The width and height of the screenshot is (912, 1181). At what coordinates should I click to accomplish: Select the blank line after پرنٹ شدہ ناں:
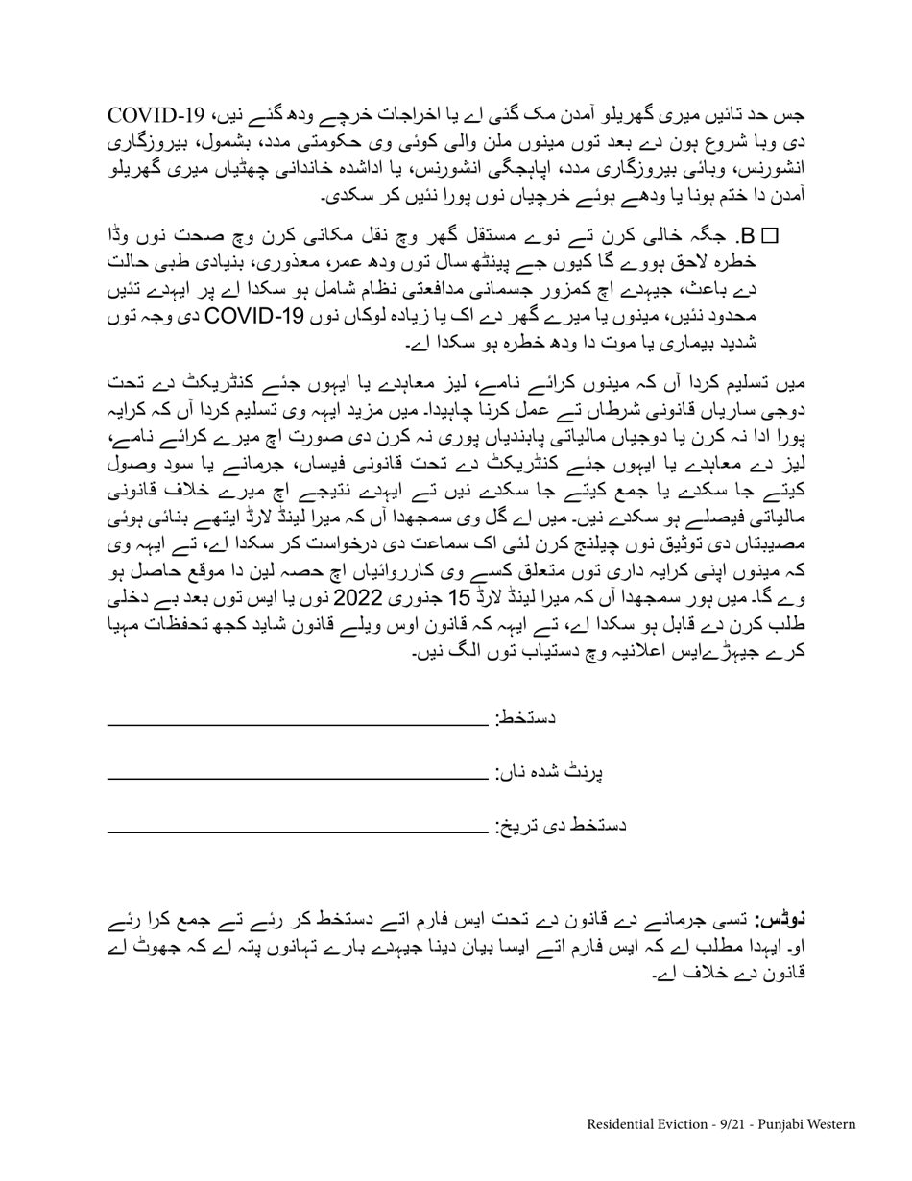click(x=298, y=774)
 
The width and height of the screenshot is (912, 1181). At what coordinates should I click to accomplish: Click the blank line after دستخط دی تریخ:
click(x=298, y=828)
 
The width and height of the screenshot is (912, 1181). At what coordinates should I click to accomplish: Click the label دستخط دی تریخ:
click(x=561, y=826)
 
